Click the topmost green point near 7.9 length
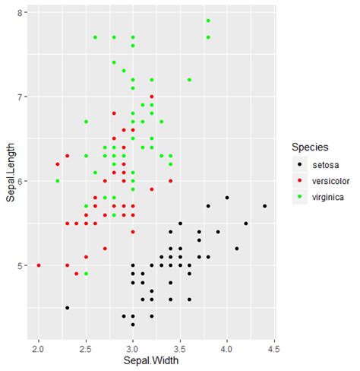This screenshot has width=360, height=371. [x=208, y=21]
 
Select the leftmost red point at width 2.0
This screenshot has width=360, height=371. [x=39, y=265]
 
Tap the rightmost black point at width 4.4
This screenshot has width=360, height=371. [x=264, y=206]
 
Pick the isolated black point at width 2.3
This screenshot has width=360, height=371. [x=67, y=307]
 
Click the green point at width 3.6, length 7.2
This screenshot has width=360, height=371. [x=189, y=80]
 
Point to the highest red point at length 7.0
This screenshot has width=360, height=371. [x=152, y=97]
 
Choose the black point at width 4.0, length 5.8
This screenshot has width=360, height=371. [x=227, y=198]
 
